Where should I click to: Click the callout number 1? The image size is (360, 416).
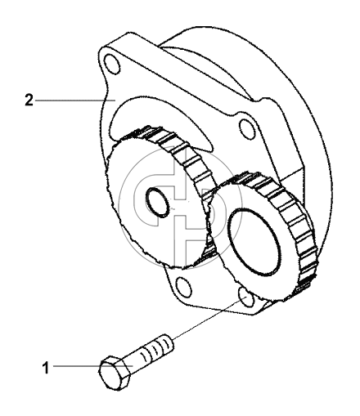pos(46,368)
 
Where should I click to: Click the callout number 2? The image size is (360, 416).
pos(29,100)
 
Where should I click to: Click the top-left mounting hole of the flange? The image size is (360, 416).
pos(112,65)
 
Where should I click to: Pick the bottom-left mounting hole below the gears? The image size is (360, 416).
pos(183,287)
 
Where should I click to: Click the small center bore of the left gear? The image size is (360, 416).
pos(157,203)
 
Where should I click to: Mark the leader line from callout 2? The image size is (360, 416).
pos(74,101)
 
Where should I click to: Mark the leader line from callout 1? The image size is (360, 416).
pos(92,366)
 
